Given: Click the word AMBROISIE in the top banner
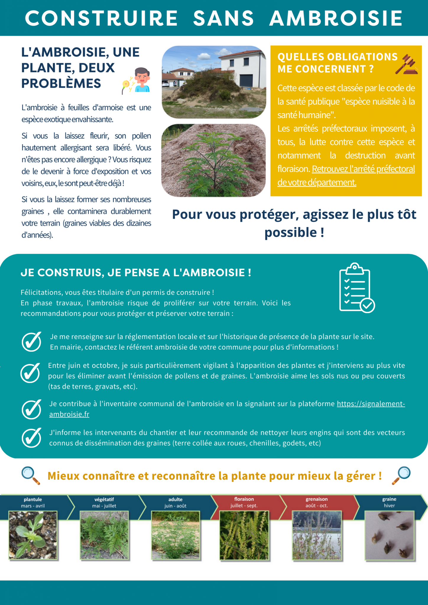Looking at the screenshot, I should click(x=336, y=18).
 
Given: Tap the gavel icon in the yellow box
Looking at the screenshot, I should click(x=407, y=64).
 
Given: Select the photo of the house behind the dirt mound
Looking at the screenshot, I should click(x=214, y=82).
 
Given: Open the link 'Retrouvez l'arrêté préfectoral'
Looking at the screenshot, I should click(x=363, y=169).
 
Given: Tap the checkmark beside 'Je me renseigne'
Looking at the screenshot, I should click(x=31, y=341).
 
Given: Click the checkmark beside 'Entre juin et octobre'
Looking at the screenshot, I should click(x=30, y=373).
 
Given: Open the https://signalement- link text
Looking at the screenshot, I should click(x=371, y=404).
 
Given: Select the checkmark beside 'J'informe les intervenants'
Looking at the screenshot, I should click(x=31, y=438).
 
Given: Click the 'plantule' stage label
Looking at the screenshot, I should click(x=33, y=500).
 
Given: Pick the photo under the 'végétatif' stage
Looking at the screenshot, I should click(x=104, y=535).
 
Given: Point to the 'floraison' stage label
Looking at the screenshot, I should click(x=244, y=499).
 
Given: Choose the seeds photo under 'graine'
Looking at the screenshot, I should click(x=389, y=535).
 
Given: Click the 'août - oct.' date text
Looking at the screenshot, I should click(x=317, y=506).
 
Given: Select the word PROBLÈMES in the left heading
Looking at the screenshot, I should click(x=61, y=84).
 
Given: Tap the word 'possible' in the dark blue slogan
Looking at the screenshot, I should click(x=291, y=232).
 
